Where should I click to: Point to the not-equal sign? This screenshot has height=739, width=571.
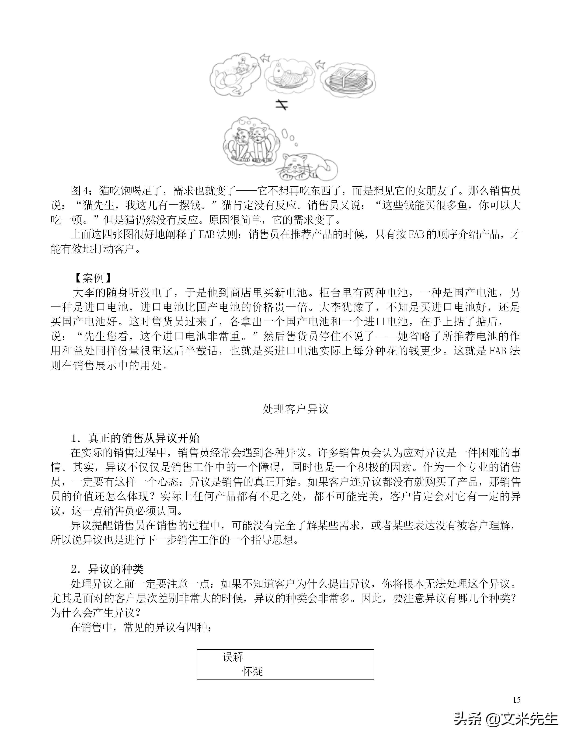(281, 105)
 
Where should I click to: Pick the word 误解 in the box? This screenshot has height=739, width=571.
(233, 657)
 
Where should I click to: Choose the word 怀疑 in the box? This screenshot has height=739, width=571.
(252, 671)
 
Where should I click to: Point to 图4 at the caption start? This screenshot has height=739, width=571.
(80, 191)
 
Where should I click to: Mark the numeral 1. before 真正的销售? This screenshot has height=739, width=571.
(76, 439)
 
